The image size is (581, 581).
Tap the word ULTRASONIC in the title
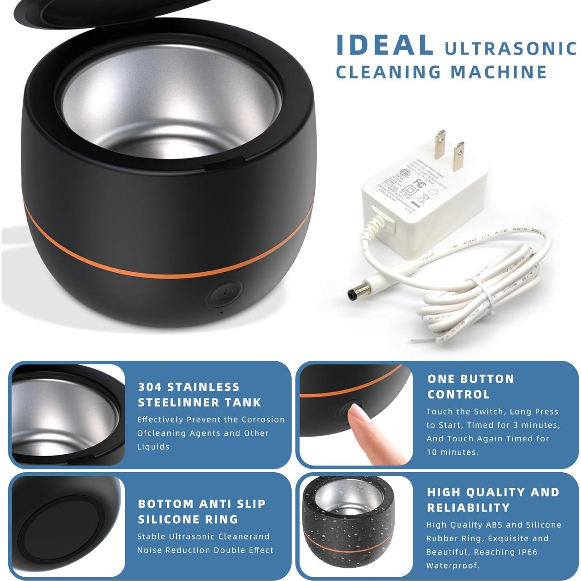(511, 48)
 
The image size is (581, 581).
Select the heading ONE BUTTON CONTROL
(470, 386)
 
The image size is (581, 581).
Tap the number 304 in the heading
(150, 387)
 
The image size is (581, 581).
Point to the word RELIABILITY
(468, 508)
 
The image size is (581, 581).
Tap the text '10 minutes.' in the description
(452, 452)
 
